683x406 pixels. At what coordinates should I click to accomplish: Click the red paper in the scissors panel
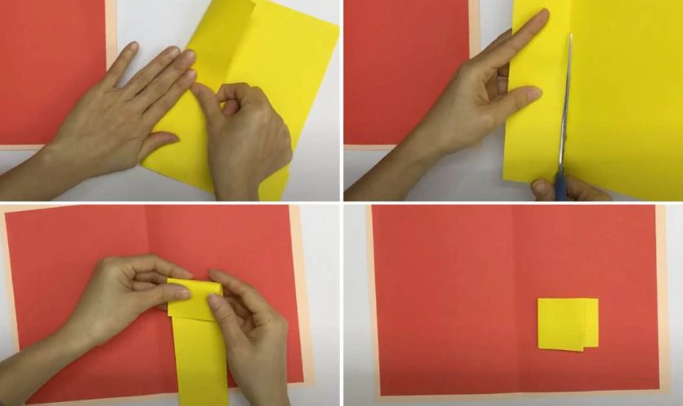click(407, 73)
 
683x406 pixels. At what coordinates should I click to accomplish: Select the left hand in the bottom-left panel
click(122, 292)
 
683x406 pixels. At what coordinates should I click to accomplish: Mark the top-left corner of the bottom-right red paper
click(374, 208)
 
